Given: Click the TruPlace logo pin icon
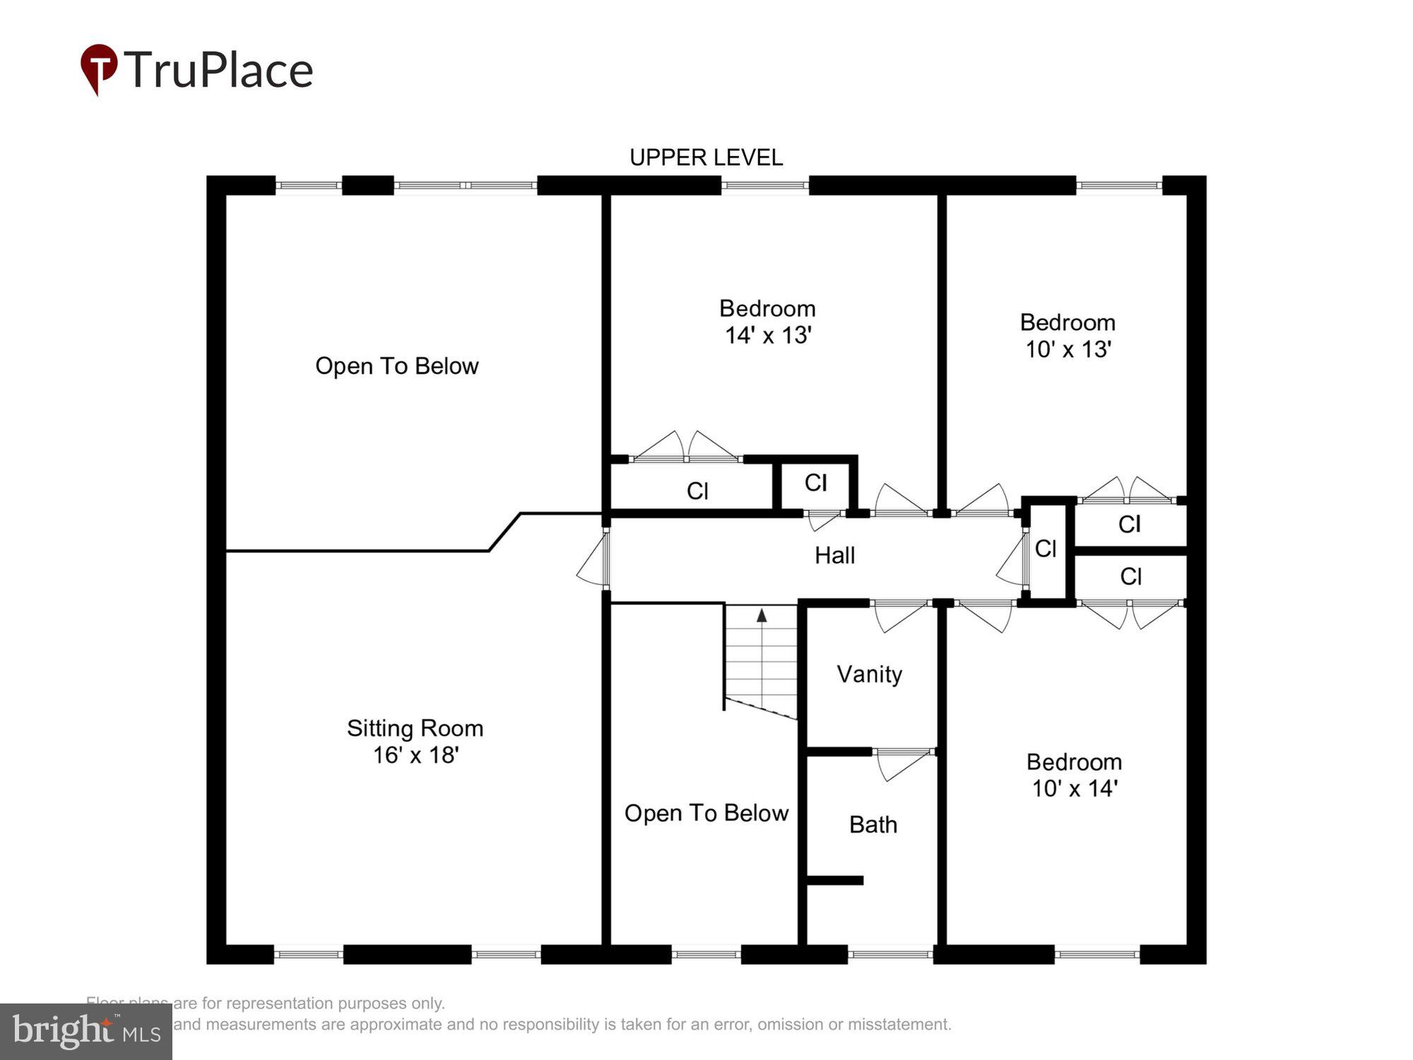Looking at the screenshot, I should tap(98, 68).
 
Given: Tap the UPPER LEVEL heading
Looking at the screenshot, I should tap(706, 157).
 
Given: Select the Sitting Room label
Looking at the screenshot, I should tap(415, 728).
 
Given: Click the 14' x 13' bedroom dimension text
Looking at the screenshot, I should tap(767, 335).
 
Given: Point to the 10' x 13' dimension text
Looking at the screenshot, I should tap(1068, 349).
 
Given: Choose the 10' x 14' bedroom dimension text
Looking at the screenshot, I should tap(1074, 789).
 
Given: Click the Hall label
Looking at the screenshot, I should tap(834, 555).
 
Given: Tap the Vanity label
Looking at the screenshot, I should tap(869, 674).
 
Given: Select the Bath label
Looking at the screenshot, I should tap(873, 825).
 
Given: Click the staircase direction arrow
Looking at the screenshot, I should tap(762, 616).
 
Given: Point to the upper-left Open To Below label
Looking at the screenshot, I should tap(396, 366).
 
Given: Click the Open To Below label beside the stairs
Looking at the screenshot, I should tap(706, 813).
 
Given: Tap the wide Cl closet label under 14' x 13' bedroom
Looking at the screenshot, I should tap(697, 491).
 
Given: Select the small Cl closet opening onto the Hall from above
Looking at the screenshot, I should tap(815, 483).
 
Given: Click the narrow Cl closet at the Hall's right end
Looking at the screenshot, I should tap(1045, 548).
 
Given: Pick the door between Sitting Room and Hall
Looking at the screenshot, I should tap(597, 558).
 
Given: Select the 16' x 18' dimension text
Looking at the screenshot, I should tap(416, 755).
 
